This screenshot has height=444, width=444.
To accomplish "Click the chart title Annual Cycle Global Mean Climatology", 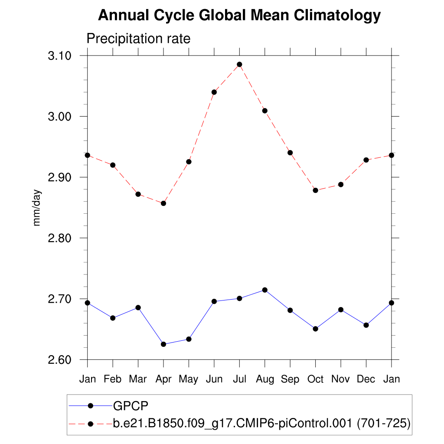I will point(239,16).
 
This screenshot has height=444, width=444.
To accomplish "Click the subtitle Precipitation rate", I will point(138,39).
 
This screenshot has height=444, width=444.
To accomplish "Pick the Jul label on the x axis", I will point(239,379).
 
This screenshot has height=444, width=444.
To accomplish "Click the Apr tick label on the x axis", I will point(163,379).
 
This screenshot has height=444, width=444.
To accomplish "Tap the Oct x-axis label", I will point(315,379).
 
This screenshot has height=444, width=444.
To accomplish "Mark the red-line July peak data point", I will point(239,65).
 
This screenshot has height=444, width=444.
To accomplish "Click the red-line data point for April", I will point(163,203).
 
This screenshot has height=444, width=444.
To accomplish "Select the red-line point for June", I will point(214,92).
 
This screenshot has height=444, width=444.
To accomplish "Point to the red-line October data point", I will point(315,190).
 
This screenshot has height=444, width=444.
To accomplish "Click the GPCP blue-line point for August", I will point(265,290).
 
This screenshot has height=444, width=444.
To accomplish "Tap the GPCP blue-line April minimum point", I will point(163,344).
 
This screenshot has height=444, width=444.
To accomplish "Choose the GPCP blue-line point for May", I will point(189,339).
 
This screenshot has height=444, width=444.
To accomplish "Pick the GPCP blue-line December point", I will point(366,325).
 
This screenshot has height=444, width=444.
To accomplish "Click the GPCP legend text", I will point(131,406).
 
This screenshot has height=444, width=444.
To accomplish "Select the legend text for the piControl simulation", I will point(261,423).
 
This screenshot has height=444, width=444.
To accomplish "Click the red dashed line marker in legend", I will point(91,424).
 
